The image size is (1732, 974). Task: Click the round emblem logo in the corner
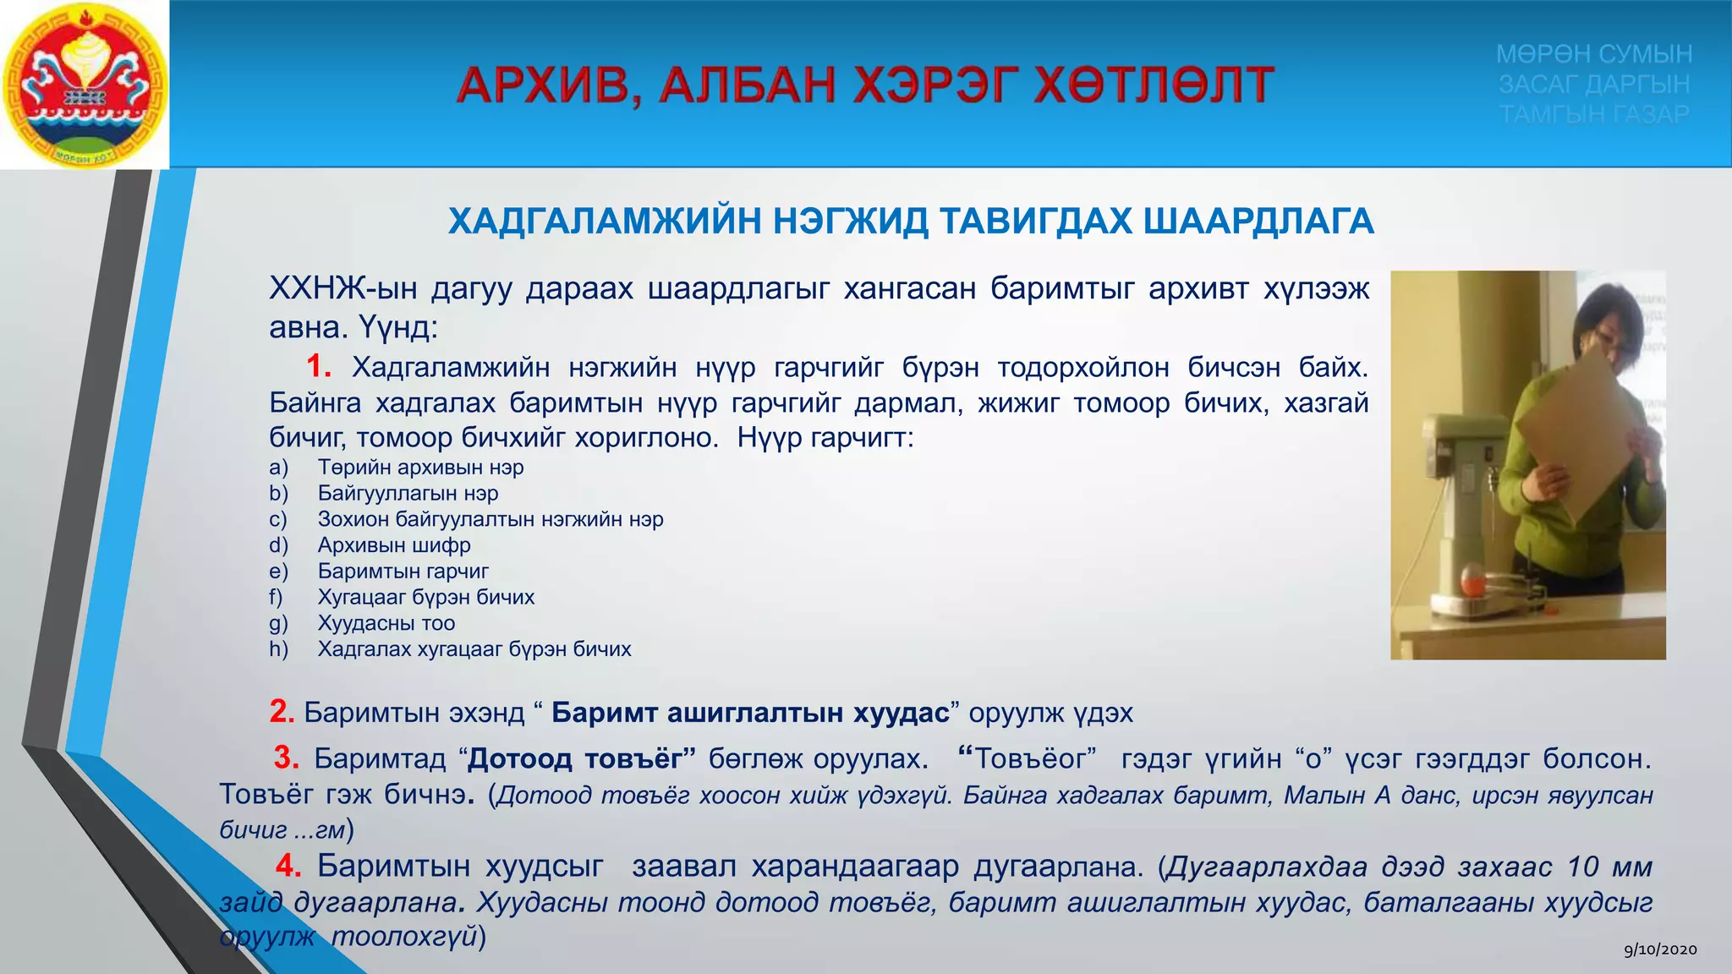coord(85,85)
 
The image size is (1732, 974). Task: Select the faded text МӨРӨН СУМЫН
coord(1594,54)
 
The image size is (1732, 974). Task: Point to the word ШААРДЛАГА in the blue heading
coord(1258,222)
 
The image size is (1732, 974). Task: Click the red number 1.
coord(318,366)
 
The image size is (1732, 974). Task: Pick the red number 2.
coord(282,711)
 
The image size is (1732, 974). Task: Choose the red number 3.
coord(286,757)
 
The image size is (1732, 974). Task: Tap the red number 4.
coord(288,865)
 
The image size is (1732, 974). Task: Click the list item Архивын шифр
coord(394,545)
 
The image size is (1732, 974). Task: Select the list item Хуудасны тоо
coord(386,623)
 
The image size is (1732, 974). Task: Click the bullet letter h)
coord(278,649)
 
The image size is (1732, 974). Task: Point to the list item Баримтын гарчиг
coord(403,572)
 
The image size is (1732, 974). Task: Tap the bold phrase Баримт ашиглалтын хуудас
coord(750,713)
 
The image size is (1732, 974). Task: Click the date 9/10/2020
coord(1660,949)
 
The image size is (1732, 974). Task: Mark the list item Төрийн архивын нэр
coord(420,468)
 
